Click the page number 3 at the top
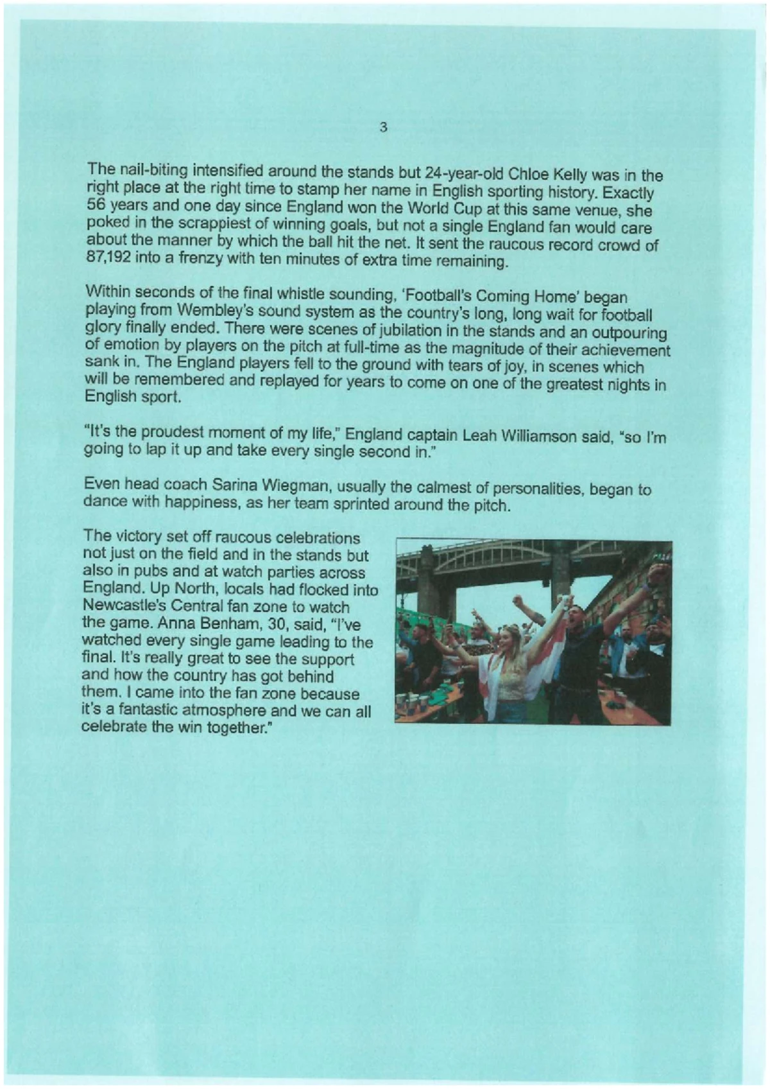(x=383, y=126)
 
